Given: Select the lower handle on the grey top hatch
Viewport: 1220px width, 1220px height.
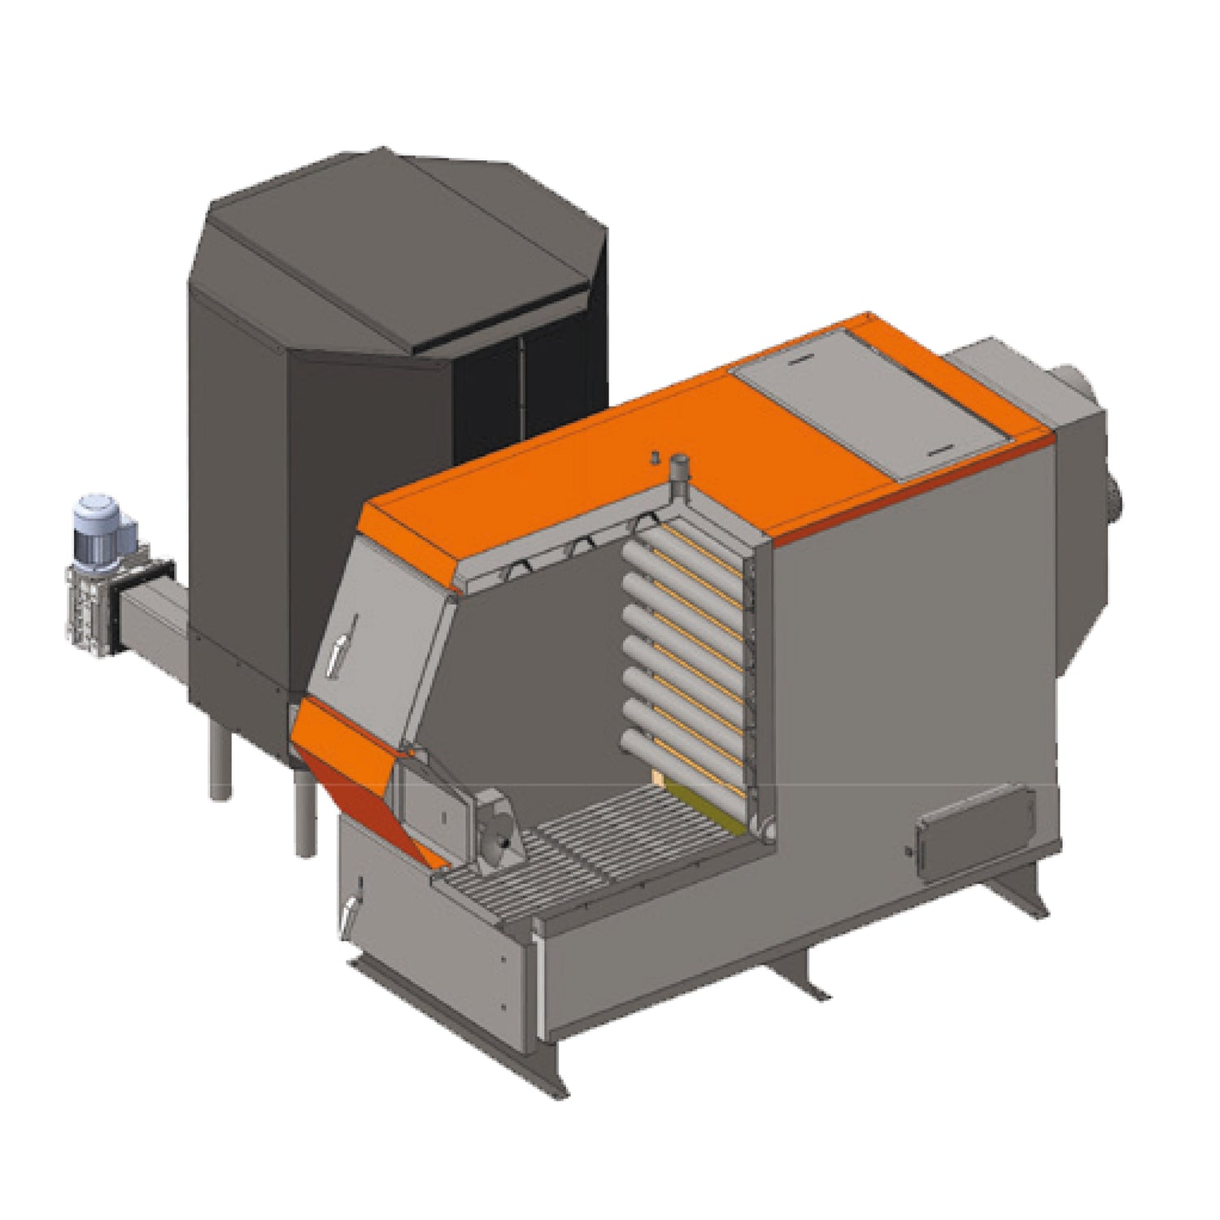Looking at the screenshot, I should (939, 447).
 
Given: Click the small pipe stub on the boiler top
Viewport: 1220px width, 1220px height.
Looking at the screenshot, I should (677, 470).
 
